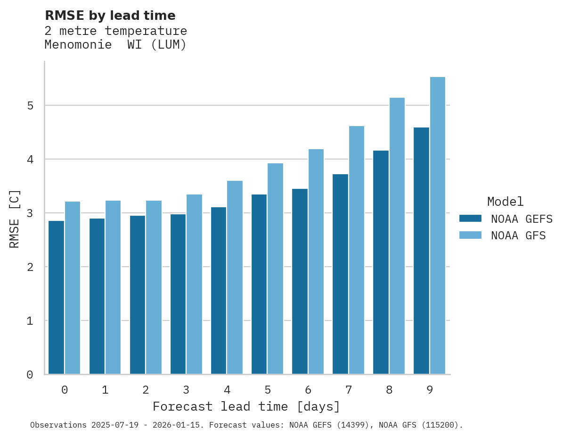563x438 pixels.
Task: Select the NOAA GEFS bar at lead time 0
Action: click(57, 297)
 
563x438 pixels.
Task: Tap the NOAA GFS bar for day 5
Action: click(276, 269)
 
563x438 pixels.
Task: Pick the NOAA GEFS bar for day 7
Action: click(340, 274)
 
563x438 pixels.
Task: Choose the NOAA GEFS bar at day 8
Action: click(381, 262)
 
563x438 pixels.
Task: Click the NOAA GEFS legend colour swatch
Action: click(470, 219)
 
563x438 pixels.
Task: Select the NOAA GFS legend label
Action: click(518, 236)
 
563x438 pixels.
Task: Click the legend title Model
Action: click(505, 202)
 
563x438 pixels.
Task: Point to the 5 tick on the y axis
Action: click(30, 105)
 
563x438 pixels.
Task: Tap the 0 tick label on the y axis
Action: click(30, 375)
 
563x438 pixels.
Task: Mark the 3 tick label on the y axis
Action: click(30, 213)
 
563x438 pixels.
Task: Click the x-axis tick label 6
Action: click(308, 390)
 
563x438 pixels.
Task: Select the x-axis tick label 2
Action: click(146, 390)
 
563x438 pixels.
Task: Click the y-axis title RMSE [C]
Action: click(15, 219)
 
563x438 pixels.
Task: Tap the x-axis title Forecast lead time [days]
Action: click(246, 406)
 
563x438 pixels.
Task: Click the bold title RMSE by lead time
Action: click(110, 16)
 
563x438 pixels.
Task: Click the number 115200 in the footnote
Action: click(442, 425)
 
